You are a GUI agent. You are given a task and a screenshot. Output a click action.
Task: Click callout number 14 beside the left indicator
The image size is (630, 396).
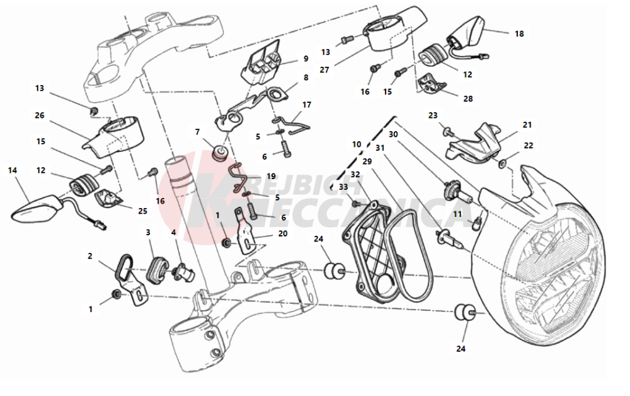pos(12,170)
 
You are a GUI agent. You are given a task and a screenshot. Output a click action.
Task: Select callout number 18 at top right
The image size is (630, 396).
pos(518,34)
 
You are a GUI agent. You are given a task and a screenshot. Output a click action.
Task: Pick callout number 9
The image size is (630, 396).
pos(306,59)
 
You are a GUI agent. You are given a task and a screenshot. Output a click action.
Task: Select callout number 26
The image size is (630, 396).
pos(40,115)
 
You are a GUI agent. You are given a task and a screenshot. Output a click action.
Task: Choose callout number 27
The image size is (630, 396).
pos(324,70)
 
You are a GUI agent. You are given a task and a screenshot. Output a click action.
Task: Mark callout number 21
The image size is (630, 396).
pos(527,125)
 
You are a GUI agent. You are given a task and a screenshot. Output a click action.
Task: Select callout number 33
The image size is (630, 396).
pos(343,187)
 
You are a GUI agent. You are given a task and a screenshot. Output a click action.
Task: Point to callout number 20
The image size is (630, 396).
pos(282,233)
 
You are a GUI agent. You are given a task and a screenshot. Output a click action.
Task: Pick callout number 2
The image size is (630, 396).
pos(90,256)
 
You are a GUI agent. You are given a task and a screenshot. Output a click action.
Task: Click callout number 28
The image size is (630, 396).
pos(467,98)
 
